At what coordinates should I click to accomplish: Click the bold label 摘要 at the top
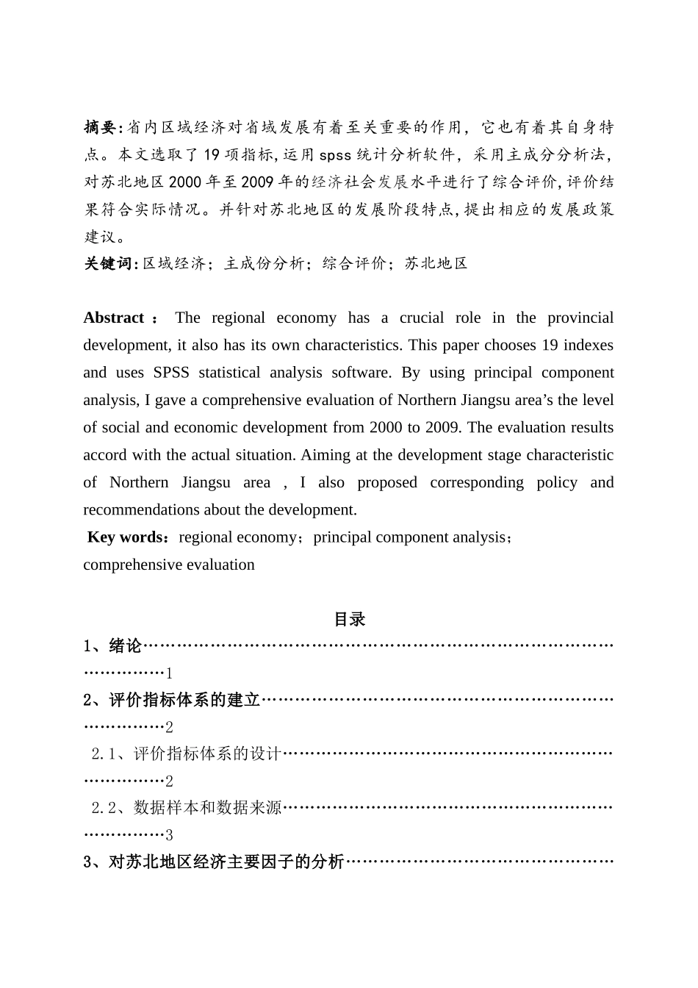99,128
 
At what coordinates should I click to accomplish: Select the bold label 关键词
107,263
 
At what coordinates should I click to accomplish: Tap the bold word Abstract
114,318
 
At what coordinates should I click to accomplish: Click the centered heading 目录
349,619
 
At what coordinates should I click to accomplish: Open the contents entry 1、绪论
112,646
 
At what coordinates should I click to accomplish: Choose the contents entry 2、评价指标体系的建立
172,700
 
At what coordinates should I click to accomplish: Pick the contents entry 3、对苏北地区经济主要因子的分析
214,862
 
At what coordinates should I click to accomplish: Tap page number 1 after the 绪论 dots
169,673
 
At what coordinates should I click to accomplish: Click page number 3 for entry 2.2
169,835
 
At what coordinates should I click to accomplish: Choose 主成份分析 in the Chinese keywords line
265,263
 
